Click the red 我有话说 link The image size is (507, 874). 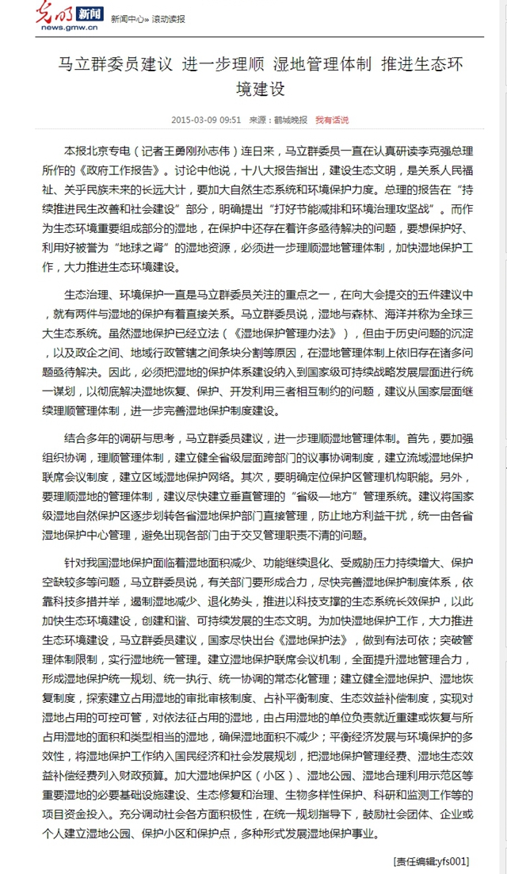click(332, 120)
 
